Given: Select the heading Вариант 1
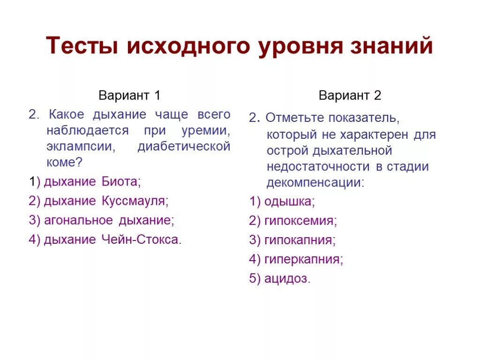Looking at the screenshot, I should (x=129, y=96).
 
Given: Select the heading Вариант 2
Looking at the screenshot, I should (x=350, y=96).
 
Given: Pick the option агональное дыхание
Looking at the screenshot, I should (x=101, y=220).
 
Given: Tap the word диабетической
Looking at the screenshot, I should (x=184, y=146).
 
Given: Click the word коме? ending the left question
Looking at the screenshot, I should (x=64, y=162).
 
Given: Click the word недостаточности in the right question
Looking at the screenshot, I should (x=318, y=166).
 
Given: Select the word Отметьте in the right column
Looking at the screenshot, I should (x=293, y=118).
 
